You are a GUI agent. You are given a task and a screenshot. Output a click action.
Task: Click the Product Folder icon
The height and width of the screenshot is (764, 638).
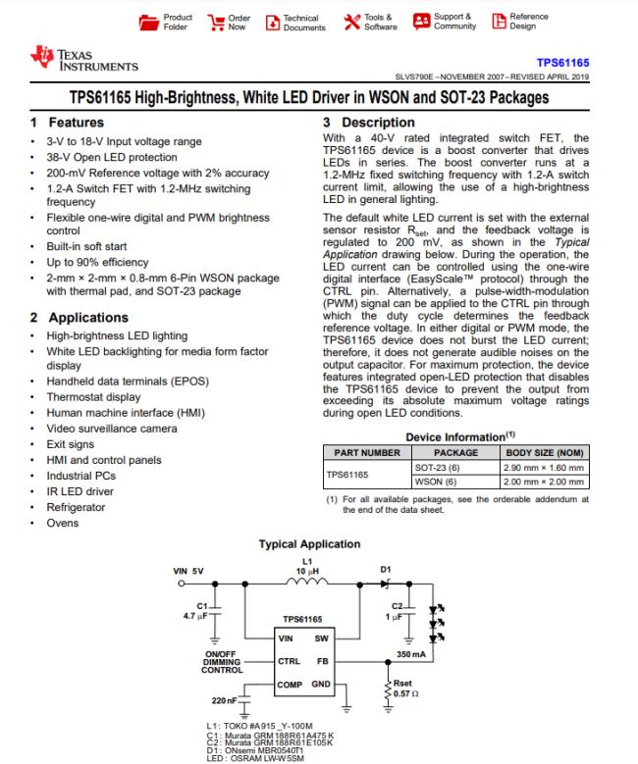coord(149,22)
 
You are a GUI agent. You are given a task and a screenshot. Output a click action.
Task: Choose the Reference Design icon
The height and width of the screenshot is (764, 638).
coord(499,22)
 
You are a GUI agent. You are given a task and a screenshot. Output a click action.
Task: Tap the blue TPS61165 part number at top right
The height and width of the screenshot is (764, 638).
coord(562,61)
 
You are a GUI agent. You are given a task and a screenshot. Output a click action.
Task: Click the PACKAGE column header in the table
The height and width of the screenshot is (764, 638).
coord(455,453)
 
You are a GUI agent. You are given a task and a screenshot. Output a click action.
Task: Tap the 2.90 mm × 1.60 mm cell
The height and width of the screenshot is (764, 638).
coord(544,468)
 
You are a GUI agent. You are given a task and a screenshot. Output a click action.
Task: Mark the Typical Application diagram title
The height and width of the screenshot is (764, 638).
coord(309,544)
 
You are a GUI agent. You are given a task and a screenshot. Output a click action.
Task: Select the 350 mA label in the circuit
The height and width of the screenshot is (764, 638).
coord(411,653)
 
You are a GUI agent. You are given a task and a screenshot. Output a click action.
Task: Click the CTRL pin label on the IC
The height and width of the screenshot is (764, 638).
coord(287,661)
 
